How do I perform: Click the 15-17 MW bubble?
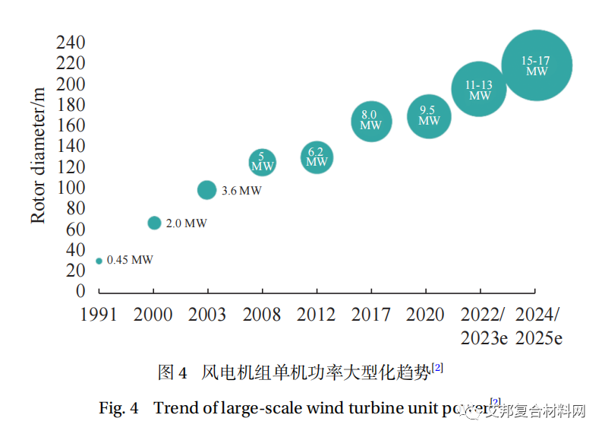(x=537, y=65)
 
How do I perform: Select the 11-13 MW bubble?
(x=479, y=89)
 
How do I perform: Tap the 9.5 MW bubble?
(x=429, y=116)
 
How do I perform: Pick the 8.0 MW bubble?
(x=371, y=122)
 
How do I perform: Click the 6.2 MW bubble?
(x=317, y=157)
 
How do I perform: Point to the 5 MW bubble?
(x=262, y=161)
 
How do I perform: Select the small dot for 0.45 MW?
(x=99, y=261)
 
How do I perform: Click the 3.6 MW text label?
(x=241, y=191)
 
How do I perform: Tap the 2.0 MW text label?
(x=186, y=223)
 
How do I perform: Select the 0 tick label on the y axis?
(x=81, y=291)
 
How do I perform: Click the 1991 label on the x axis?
(x=99, y=315)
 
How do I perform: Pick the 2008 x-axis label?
(x=262, y=315)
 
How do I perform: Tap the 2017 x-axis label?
(x=371, y=315)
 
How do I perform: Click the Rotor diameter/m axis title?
(x=38, y=155)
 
